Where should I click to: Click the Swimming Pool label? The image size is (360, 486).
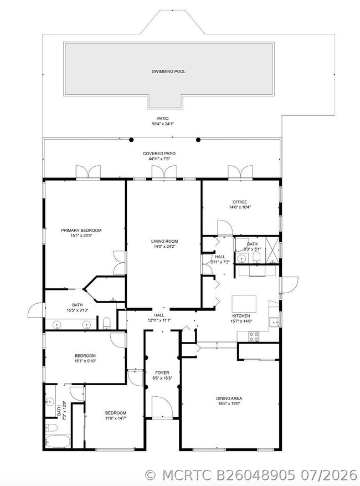point(168,71)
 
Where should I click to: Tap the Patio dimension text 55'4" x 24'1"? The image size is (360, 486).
point(163,124)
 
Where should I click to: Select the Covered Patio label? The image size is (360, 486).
point(160,154)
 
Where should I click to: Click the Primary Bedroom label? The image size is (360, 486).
point(81,231)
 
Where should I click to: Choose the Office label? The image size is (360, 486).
point(240,202)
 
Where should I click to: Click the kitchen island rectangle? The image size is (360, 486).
point(244,304)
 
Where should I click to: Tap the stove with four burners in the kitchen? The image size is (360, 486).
point(254,336)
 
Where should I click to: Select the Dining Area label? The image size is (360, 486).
point(229,398)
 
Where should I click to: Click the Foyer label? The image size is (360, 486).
point(162,373)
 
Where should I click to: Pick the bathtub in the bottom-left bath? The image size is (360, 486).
point(58,441)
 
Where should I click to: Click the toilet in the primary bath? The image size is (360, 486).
point(106,323)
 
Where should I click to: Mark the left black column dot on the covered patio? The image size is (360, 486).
point(131,140)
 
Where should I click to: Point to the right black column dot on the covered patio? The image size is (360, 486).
point(198,140)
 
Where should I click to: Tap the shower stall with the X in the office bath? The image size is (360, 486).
point(272,250)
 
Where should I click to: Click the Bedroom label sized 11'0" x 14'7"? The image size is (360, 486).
point(116,413)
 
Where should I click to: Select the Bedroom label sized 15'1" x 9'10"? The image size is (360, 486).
point(85,356)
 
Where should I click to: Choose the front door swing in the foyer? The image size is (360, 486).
point(162,407)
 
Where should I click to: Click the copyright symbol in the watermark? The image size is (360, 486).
point(151,475)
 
